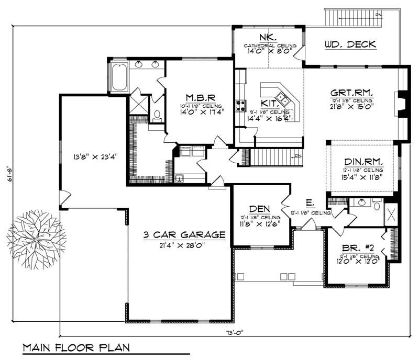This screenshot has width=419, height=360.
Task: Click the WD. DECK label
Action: pos(350,44)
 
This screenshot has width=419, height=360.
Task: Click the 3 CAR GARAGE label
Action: pos(184,235)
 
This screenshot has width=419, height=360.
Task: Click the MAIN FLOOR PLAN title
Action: pos(76,348)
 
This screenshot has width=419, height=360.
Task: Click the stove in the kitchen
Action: pos(241,106)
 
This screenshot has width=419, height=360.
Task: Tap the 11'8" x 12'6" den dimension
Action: pos(260,223)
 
